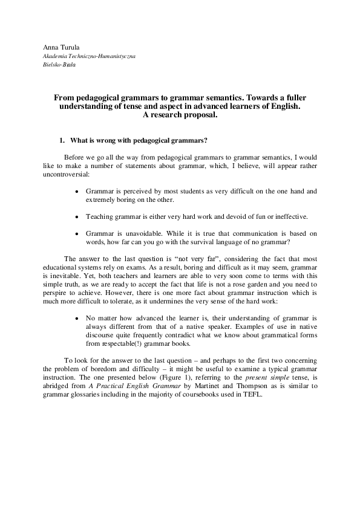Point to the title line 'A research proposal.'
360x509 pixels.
(x=180, y=114)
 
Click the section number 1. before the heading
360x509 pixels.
(x=62, y=141)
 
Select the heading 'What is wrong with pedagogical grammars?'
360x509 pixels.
(x=139, y=141)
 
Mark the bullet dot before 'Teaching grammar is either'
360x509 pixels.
(x=76, y=216)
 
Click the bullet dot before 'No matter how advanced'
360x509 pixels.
(x=76, y=317)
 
